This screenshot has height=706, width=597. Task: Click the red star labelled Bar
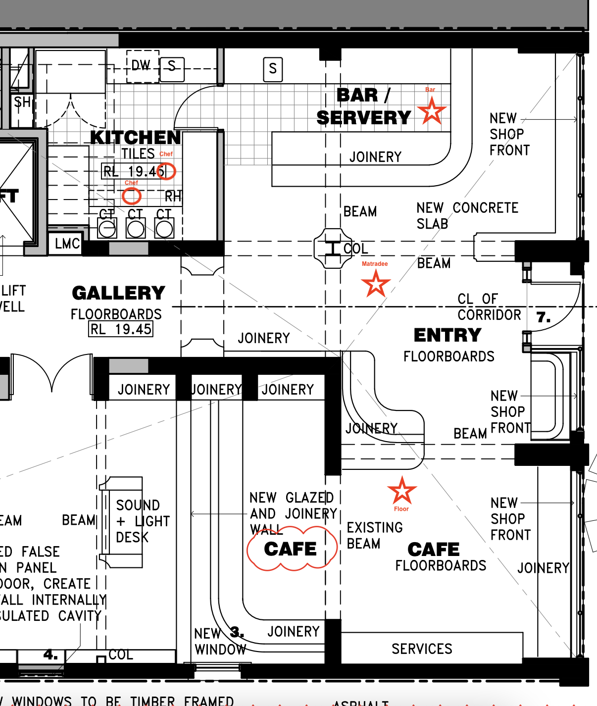click(432, 111)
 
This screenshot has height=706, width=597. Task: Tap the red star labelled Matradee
click(376, 284)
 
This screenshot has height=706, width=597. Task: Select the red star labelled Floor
click(402, 491)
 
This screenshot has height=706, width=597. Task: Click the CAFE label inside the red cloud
click(291, 549)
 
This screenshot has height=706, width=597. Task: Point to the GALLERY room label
click(119, 293)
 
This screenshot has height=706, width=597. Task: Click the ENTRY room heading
click(448, 335)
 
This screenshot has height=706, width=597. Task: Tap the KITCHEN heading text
click(136, 137)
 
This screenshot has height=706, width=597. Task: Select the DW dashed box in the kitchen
click(142, 65)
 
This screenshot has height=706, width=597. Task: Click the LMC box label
click(67, 244)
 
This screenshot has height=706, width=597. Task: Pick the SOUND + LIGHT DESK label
click(142, 521)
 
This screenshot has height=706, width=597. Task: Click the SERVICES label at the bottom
click(422, 649)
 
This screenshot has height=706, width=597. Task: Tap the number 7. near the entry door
click(544, 317)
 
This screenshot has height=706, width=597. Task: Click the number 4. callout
click(50, 655)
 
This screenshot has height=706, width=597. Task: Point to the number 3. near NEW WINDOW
click(237, 632)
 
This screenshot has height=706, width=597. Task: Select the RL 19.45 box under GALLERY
click(121, 329)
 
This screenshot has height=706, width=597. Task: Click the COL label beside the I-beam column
click(356, 249)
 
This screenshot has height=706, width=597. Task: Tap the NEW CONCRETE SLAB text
click(467, 215)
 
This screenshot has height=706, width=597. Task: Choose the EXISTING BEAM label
click(374, 536)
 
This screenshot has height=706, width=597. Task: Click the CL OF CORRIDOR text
click(489, 307)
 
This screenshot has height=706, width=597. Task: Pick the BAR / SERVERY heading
click(364, 106)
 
